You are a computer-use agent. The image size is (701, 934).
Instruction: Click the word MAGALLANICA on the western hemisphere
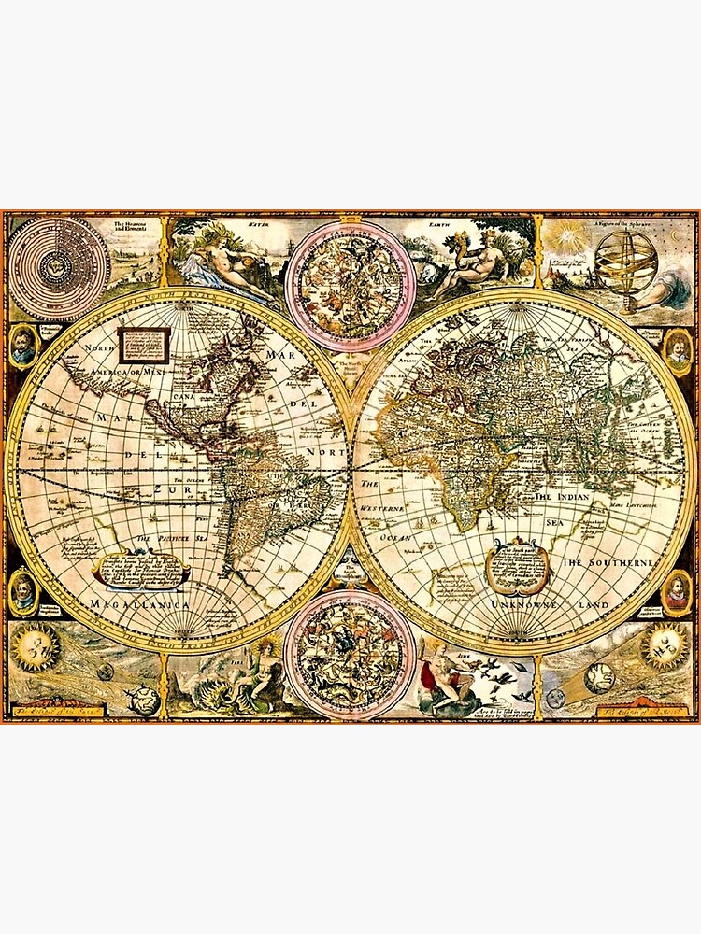click(x=140, y=605)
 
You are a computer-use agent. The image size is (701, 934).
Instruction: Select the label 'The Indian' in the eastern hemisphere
click(x=562, y=498)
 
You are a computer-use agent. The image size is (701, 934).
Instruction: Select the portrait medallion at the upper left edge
click(x=23, y=347)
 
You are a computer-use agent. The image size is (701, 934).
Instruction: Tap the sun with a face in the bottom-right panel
click(x=665, y=644)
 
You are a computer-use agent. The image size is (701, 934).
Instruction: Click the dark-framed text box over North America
click(x=144, y=345)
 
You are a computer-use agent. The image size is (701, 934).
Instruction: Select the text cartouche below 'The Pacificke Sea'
click(x=140, y=570)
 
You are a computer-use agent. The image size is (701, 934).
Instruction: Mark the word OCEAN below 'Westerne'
click(x=384, y=539)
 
